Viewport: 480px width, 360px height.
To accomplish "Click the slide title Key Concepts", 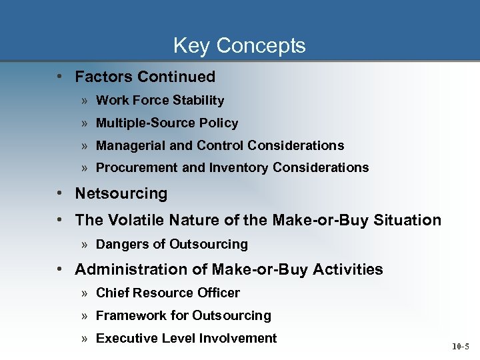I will point(239,45).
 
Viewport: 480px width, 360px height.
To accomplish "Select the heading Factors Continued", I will point(145,77).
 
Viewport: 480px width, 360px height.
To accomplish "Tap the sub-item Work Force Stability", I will point(160,101).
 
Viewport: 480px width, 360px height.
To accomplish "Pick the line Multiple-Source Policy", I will point(167,123).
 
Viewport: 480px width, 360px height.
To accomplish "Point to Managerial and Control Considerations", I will point(220,145).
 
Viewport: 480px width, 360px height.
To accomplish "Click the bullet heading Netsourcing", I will point(121,194).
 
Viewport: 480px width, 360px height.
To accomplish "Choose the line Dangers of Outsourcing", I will point(171,245).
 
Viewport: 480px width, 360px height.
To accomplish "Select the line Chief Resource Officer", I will point(167,293).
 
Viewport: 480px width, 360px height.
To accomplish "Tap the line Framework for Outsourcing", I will point(183,315).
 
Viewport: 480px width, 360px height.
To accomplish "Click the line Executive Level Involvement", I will point(186,338).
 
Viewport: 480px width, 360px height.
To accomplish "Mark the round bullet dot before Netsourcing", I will point(60,194).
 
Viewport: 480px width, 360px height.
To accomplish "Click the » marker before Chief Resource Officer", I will point(85,293).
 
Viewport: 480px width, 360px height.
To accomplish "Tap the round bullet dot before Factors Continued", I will point(60,77).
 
